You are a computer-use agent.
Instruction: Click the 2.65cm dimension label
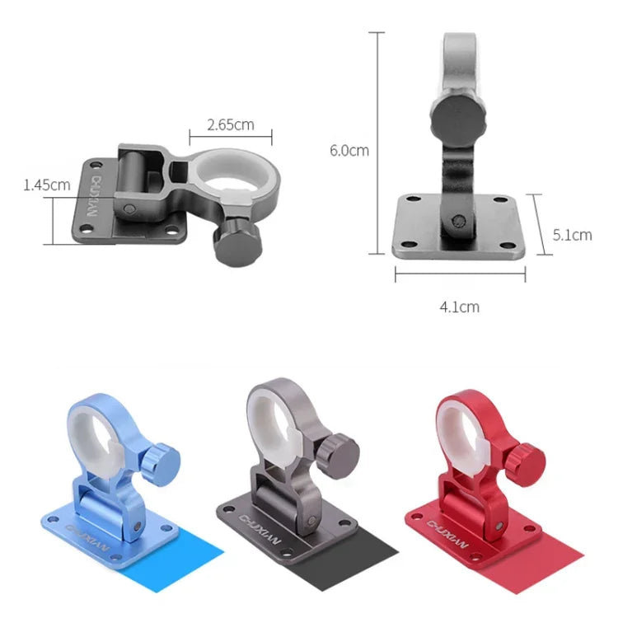230,125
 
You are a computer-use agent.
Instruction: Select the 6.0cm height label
349,150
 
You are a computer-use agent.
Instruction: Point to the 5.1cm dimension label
572,234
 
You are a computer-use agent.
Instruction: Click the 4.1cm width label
459,307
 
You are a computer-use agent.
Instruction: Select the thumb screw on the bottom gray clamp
339,450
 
